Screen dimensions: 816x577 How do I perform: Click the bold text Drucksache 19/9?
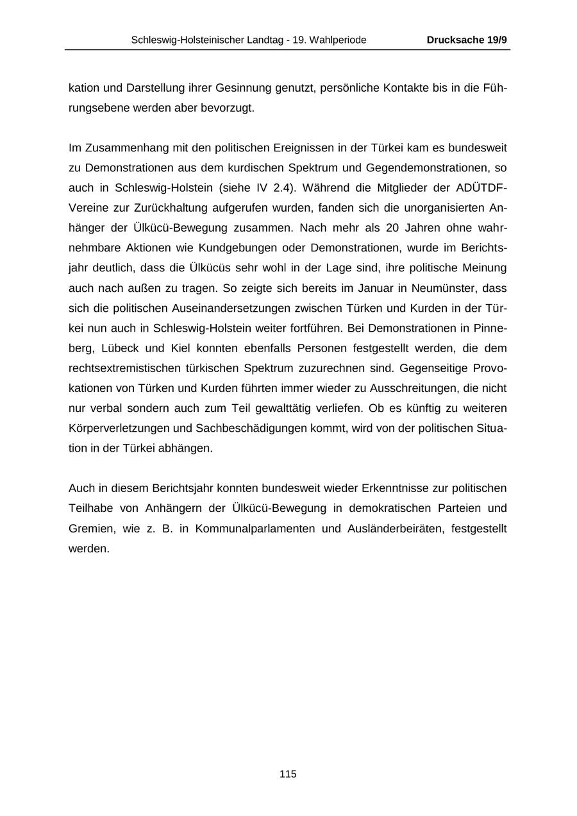(x=467, y=40)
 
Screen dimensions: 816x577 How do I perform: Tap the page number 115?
(x=288, y=774)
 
